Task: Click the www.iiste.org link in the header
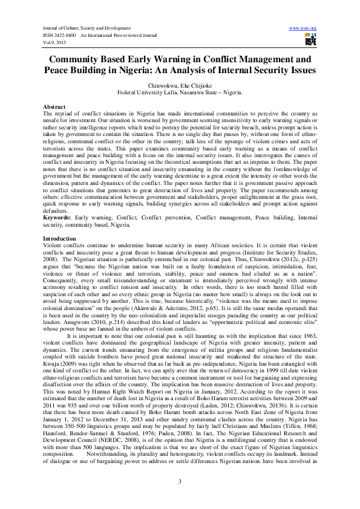[303, 28]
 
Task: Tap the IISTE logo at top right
[310, 39]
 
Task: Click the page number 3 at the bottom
[180, 481]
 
